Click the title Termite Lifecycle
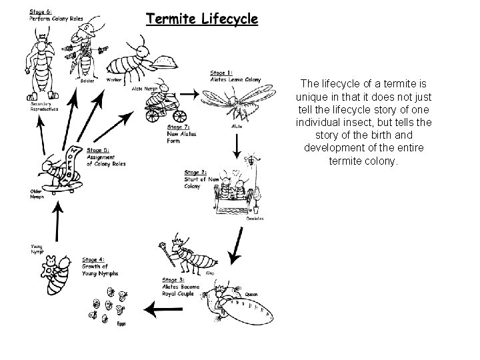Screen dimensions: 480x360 coord(201,19)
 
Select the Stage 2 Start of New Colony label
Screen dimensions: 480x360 coord(201,179)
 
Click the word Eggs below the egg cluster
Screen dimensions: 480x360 coord(121,325)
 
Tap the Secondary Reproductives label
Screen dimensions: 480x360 coord(44,108)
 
